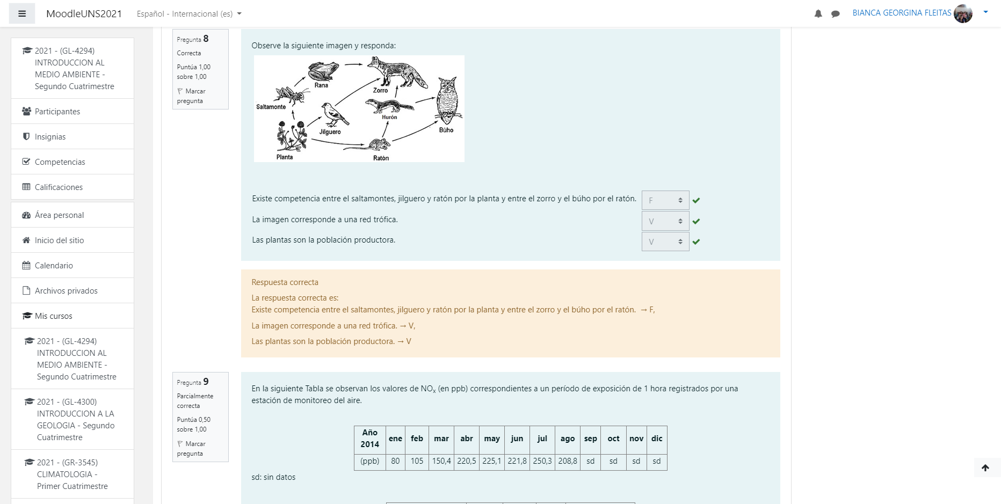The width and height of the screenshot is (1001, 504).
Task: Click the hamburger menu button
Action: [x=22, y=13]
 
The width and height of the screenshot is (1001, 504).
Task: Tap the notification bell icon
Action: [x=818, y=14]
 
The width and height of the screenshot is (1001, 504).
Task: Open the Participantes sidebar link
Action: [x=57, y=112]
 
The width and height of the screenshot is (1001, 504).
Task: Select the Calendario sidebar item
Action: [x=54, y=266]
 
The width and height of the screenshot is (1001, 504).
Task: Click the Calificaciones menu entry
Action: [x=59, y=187]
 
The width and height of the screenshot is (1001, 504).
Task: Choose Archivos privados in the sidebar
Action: [x=66, y=291]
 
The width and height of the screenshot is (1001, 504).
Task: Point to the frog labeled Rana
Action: [x=323, y=71]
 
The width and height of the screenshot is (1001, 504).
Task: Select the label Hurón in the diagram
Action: [x=389, y=117]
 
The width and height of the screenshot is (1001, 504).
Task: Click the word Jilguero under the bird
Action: [x=330, y=132]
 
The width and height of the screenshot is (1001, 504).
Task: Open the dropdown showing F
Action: [x=665, y=200]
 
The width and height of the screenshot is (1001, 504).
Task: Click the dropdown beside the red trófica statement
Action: [x=665, y=221]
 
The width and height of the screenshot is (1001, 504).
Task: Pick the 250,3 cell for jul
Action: [x=542, y=461]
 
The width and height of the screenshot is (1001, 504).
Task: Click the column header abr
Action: [x=467, y=439]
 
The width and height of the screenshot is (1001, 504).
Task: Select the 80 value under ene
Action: [x=395, y=461]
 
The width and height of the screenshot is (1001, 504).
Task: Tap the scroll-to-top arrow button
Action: [x=985, y=468]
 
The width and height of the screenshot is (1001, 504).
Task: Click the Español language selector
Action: [x=189, y=14]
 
